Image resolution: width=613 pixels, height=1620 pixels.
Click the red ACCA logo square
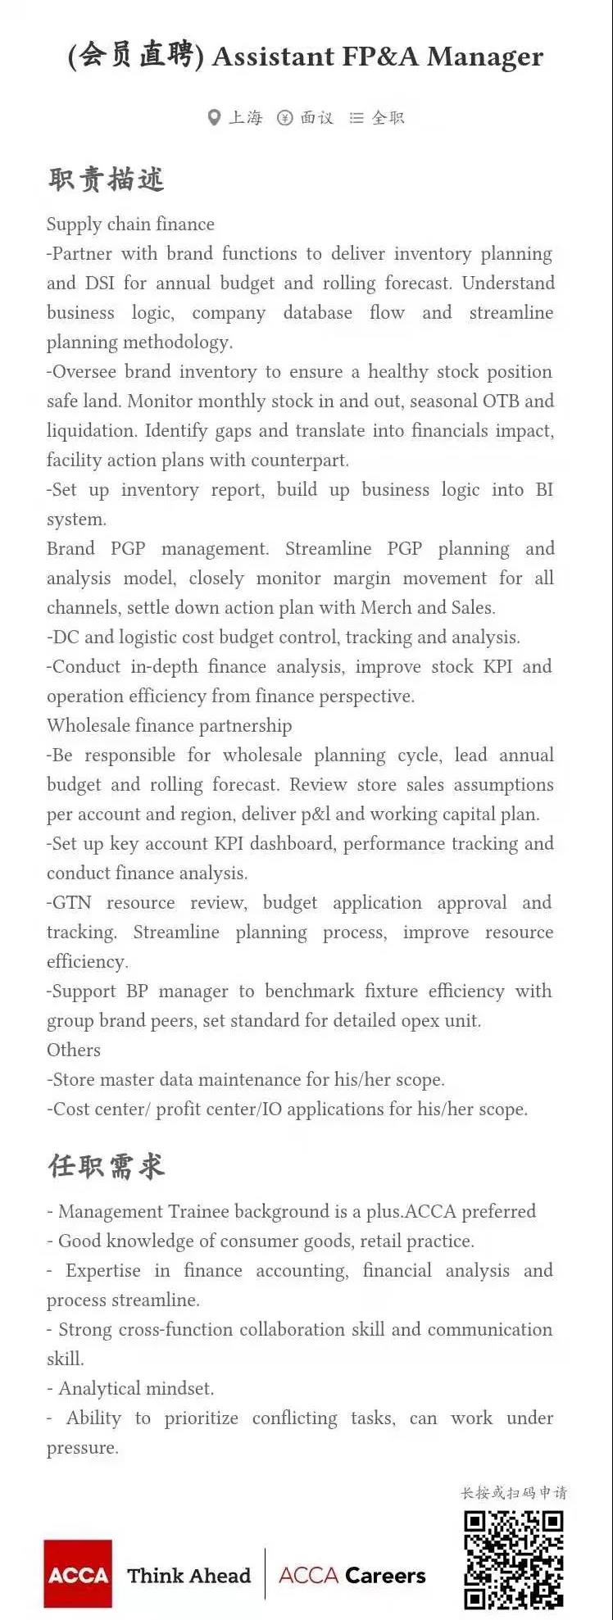(x=78, y=1573)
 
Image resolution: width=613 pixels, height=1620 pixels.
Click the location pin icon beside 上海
(x=214, y=118)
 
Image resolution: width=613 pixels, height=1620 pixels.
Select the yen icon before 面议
(x=284, y=118)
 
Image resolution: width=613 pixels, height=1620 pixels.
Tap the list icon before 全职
(x=356, y=118)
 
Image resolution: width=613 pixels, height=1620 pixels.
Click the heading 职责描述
(x=107, y=179)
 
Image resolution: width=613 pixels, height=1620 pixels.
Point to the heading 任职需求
(x=107, y=1165)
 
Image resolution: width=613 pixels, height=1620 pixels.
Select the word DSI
(x=99, y=284)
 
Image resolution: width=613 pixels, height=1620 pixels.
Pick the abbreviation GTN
(x=72, y=903)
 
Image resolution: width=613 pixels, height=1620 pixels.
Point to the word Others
(x=74, y=1051)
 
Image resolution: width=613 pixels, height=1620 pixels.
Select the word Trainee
(x=199, y=1212)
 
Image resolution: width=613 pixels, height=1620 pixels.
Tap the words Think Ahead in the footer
(x=188, y=1575)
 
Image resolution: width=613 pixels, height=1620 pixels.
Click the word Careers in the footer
(x=385, y=1575)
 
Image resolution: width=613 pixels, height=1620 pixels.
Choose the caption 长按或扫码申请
(x=514, y=1493)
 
